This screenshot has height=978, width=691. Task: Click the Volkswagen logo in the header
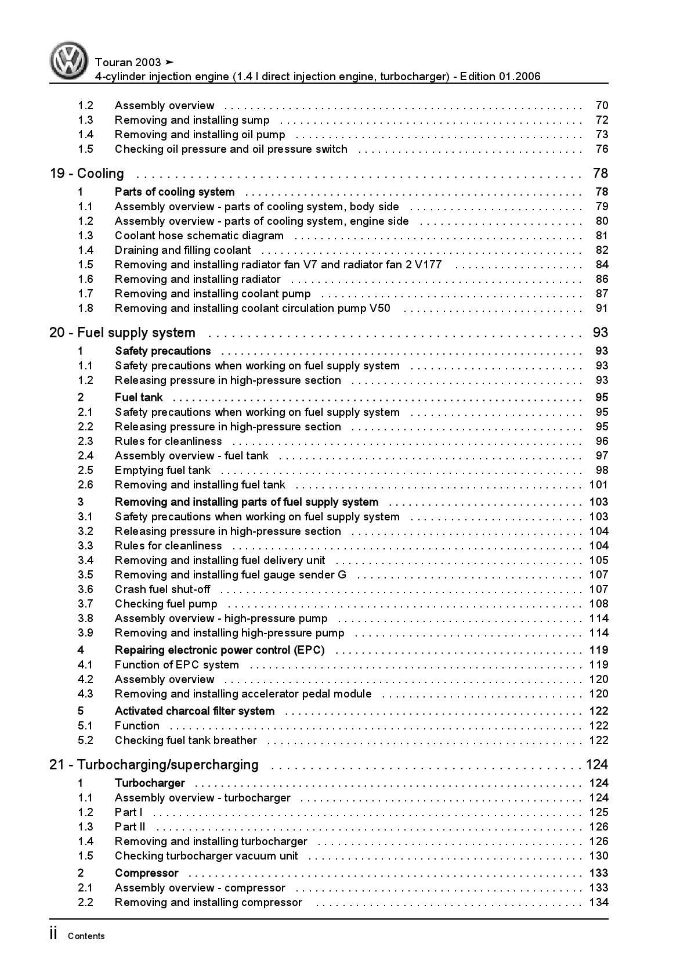pyautogui.click(x=68, y=60)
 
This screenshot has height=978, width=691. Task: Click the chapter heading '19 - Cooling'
pyautogui.click(x=87, y=174)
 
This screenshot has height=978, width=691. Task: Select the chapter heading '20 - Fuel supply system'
pyautogui.click(x=122, y=333)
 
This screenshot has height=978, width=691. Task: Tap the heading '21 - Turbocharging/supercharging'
pyautogui.click(x=154, y=765)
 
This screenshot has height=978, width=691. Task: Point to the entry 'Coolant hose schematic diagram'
pyautogui.click(x=199, y=236)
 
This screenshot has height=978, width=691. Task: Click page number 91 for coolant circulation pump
pyautogui.click(x=602, y=308)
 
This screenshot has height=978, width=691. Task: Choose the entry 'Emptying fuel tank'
pyautogui.click(x=162, y=470)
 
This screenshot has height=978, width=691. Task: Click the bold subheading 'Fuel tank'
pyautogui.click(x=139, y=398)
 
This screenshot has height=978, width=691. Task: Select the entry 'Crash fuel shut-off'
pyautogui.click(x=162, y=589)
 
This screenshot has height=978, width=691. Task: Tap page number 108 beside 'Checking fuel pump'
pyautogui.click(x=599, y=604)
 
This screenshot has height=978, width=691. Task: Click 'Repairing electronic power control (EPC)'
pyautogui.click(x=219, y=650)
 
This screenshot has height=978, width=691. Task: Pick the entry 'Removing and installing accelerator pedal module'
pyautogui.click(x=243, y=694)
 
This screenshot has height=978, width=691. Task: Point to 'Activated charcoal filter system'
pyautogui.click(x=194, y=711)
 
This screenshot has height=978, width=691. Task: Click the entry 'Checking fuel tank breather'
pyautogui.click(x=186, y=740)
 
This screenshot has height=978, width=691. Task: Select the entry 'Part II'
pyautogui.click(x=130, y=827)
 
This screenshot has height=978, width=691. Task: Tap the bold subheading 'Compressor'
pyautogui.click(x=146, y=873)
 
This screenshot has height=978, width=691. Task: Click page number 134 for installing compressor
pyautogui.click(x=599, y=903)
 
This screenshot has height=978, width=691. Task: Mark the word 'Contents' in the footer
pyautogui.click(x=86, y=936)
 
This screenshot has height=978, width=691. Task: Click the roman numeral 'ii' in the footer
pyautogui.click(x=53, y=934)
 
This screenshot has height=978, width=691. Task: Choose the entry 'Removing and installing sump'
pyautogui.click(x=192, y=120)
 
